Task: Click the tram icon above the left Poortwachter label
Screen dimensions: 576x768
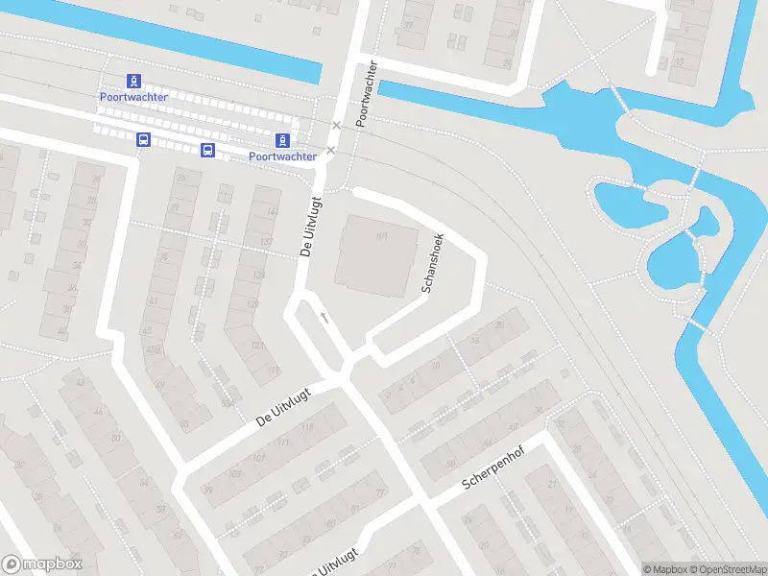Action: coord(134,82)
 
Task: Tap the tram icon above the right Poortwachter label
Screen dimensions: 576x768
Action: coord(282,140)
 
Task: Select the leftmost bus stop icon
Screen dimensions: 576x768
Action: coord(143,140)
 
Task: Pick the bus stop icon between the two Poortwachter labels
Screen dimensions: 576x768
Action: coord(207,150)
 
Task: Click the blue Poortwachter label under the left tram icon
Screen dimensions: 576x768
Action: coord(133,97)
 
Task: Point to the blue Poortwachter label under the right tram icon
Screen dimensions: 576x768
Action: coord(282,156)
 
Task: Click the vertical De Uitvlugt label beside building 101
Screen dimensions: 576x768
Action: coord(308,226)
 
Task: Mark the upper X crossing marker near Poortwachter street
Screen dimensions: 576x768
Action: coord(336,126)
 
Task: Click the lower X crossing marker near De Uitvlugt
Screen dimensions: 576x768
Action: coord(330,150)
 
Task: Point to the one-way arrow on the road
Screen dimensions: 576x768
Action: coord(324,317)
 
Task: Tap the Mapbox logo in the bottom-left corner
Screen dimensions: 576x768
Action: coord(42,564)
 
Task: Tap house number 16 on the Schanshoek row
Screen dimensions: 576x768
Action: coord(475,340)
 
